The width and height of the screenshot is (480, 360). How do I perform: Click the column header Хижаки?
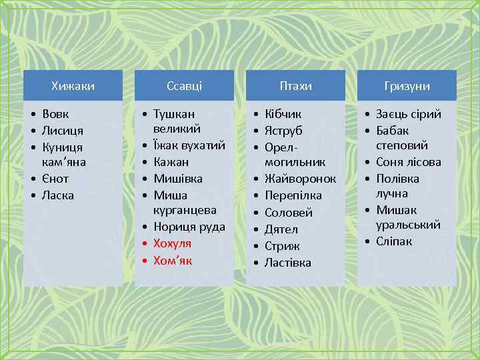73,86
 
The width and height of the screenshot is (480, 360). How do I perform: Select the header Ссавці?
184,86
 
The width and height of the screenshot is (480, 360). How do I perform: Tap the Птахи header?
295,86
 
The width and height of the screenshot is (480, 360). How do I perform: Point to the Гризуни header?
407,86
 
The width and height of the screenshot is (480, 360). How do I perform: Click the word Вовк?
55,114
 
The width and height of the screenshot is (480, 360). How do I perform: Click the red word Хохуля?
172,243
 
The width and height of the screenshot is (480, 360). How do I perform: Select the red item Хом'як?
173,260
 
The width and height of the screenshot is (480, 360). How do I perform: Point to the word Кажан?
171,162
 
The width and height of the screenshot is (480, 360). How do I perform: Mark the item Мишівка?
178,179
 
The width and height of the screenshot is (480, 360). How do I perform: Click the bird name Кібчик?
283,114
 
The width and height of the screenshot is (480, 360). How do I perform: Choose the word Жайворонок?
300,179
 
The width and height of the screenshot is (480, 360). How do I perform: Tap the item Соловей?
289,212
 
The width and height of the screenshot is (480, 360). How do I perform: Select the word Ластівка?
288,262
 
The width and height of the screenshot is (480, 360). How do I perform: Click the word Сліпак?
394,241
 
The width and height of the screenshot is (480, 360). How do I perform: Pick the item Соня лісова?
409,162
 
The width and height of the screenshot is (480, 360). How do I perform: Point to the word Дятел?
282,229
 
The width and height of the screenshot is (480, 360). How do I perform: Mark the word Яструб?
284,130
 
